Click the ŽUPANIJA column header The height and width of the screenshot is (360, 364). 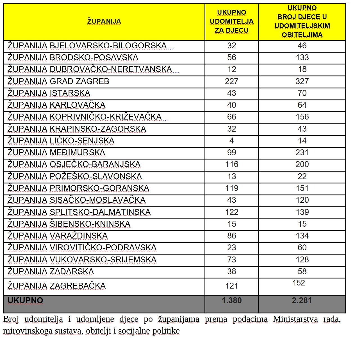(104, 21)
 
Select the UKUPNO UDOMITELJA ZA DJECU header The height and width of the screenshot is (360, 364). (232, 21)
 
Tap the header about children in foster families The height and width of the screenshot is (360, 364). (302, 21)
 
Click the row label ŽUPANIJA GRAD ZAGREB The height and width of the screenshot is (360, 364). (58, 81)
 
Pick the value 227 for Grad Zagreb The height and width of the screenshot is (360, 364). (232, 81)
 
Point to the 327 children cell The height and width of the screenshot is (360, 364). (302, 81)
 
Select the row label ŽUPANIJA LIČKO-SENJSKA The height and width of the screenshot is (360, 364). (61, 141)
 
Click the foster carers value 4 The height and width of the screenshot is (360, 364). (232, 141)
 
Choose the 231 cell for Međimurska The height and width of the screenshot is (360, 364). (302, 152)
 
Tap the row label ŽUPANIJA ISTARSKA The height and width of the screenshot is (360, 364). (49, 93)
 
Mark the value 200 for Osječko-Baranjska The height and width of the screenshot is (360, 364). (302, 164)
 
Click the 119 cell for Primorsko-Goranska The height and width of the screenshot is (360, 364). (232, 188)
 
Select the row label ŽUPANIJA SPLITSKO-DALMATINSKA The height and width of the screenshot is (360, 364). (79, 212)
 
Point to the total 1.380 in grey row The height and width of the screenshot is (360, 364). (232, 300)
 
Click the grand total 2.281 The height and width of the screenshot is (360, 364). (302, 300)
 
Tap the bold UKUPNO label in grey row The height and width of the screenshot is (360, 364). (25, 300)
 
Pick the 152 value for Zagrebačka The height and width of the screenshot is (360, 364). (299, 283)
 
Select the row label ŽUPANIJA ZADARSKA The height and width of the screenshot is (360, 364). (51, 271)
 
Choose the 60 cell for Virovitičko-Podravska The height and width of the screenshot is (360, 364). (302, 247)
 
